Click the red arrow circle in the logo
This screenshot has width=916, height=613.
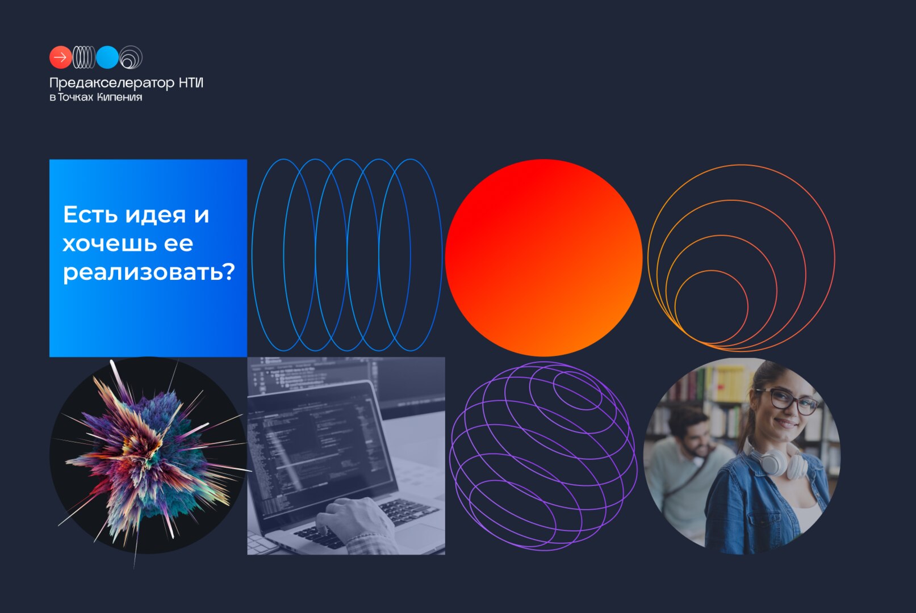61,57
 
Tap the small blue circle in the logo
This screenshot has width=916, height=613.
107,57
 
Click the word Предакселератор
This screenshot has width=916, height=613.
112,83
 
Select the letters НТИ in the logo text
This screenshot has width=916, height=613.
191,82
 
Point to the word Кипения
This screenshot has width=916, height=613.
119,97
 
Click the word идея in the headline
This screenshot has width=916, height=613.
156,215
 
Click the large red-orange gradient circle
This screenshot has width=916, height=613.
544,258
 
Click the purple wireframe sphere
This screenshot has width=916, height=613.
543,456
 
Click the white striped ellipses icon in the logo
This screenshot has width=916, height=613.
84,57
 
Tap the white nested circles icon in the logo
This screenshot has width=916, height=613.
131,57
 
